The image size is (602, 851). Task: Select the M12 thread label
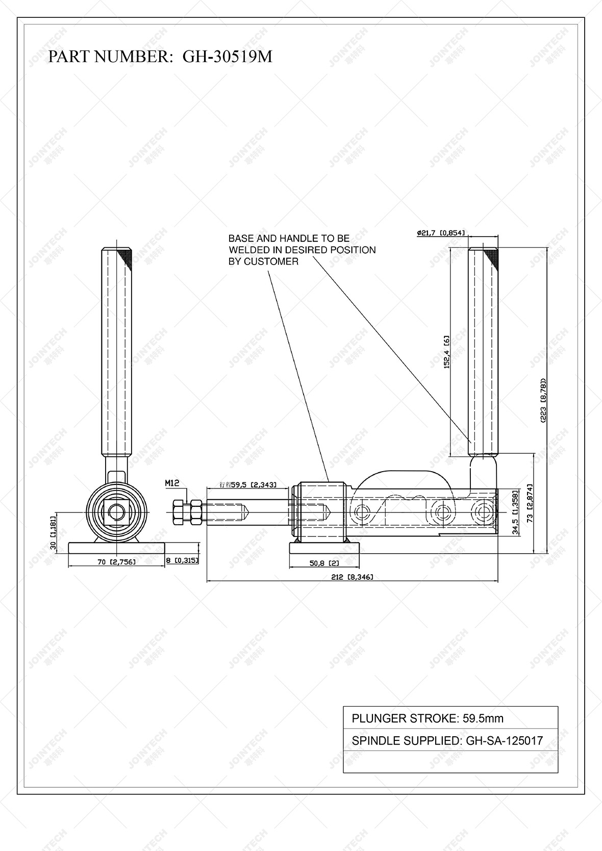tap(172, 482)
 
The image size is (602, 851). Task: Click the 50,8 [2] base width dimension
tap(324, 563)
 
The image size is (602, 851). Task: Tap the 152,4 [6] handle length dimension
tap(446, 352)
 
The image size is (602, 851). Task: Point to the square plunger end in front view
tap(117, 511)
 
